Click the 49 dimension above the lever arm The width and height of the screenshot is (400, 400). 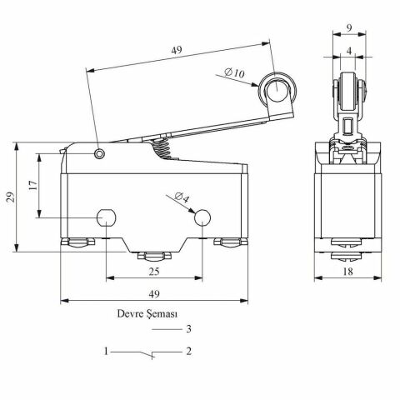[175, 51]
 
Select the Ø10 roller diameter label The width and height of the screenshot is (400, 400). [235, 74]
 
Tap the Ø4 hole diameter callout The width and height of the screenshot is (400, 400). [182, 198]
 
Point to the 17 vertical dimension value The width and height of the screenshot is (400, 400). [30, 185]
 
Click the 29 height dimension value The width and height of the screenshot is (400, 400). [9, 196]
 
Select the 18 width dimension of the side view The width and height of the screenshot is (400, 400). [346, 272]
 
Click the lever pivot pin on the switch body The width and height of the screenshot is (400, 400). [100, 153]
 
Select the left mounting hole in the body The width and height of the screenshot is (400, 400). [106, 218]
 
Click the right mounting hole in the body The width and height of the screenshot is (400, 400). [201, 218]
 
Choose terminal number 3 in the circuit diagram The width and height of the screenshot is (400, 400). [189, 329]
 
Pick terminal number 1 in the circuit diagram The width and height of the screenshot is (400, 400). [107, 352]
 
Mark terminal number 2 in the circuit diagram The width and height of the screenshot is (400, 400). [189, 352]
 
